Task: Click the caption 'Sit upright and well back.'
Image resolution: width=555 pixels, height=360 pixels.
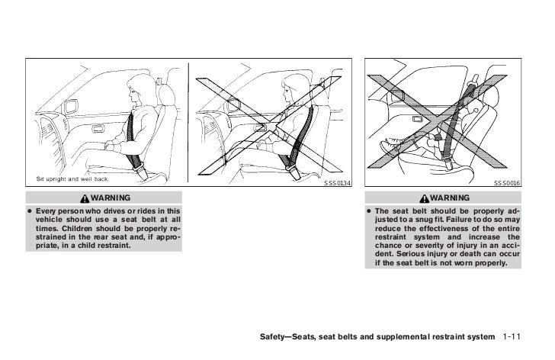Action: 72,178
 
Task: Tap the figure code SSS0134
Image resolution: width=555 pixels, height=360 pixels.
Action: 337,183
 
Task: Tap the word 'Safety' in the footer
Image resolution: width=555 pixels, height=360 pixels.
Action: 277,337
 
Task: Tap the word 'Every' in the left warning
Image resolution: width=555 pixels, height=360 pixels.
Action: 50,211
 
